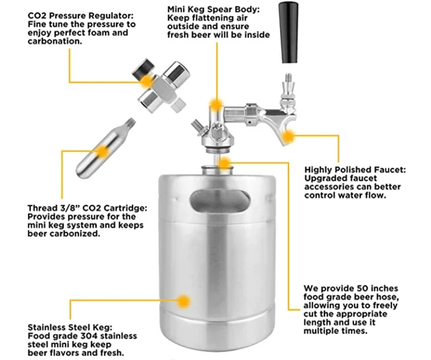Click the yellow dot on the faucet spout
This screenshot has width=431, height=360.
pos(288,135)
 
